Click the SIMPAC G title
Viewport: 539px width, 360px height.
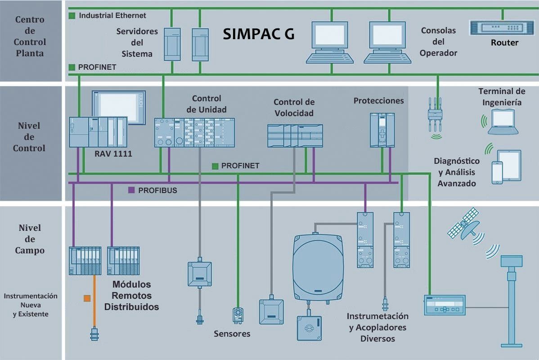(259, 34)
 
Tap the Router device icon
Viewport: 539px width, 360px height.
(502, 28)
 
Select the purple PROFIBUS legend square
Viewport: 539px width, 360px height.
(131, 190)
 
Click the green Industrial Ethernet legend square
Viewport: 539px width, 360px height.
(72, 15)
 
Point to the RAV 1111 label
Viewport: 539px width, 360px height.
(113, 154)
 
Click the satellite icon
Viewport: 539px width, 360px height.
(464, 224)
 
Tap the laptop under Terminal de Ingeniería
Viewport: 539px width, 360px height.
(503, 122)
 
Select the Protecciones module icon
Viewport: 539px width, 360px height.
(382, 130)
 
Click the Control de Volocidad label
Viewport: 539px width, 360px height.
(294, 107)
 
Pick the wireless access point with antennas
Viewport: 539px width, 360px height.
(435, 115)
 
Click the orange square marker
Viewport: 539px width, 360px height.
(87, 298)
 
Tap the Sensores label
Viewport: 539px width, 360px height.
(232, 333)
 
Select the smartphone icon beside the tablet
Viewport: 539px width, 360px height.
(497, 173)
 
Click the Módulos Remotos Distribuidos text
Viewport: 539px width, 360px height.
(132, 295)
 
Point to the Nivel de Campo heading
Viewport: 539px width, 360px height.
(30, 239)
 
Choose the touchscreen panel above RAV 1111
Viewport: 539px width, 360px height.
(119, 107)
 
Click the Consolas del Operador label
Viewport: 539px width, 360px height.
(438, 41)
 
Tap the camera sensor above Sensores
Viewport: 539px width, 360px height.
(238, 315)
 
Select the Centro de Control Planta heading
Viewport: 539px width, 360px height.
(30, 36)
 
